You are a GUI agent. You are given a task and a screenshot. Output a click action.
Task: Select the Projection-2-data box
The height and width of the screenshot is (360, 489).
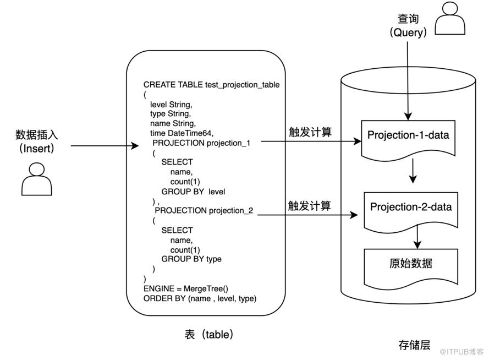[410, 208]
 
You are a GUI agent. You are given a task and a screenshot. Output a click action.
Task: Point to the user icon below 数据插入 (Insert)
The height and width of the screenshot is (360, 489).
[39, 179]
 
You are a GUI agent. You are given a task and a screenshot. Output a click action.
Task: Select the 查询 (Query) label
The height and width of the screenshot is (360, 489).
[408, 25]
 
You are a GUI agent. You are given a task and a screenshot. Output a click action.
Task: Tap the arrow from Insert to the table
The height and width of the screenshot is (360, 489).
[105, 146]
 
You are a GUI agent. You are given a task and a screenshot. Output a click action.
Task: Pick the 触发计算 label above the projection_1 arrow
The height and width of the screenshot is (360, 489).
[310, 132]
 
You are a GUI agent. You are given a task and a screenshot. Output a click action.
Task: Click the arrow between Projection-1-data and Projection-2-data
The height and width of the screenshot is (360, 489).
[413, 172]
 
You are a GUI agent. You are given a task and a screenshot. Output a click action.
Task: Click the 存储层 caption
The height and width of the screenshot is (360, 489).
[414, 345]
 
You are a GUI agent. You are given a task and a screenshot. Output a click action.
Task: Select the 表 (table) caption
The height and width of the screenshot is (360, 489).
[210, 334]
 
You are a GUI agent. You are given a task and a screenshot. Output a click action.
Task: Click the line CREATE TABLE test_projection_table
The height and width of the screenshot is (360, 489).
[211, 85]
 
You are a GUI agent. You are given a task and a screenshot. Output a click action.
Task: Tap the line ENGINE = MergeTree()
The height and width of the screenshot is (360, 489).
[185, 288]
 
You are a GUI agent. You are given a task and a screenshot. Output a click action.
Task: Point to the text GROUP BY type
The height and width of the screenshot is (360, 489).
[191, 259]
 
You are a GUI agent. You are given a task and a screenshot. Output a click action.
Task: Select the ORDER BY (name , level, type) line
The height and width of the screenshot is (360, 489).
[200, 298]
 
